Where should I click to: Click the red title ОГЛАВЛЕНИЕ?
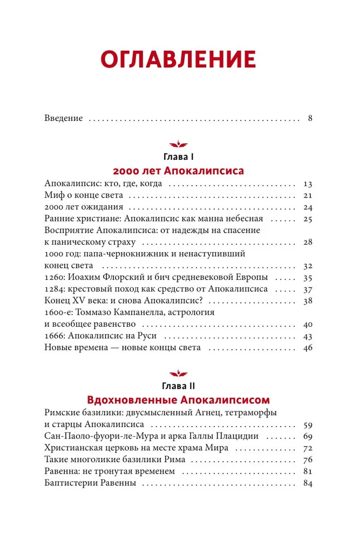coord(180,58)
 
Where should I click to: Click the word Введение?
coord(63,118)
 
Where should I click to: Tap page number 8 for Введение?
coord(310,118)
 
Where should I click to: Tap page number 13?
coord(308,184)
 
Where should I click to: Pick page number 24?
coord(308,207)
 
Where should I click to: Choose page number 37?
coord(308,289)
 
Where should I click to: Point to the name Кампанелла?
coord(151,313)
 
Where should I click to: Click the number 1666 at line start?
coord(55,336)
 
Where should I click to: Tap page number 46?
coord(308,348)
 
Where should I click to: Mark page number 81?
coord(308,471)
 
